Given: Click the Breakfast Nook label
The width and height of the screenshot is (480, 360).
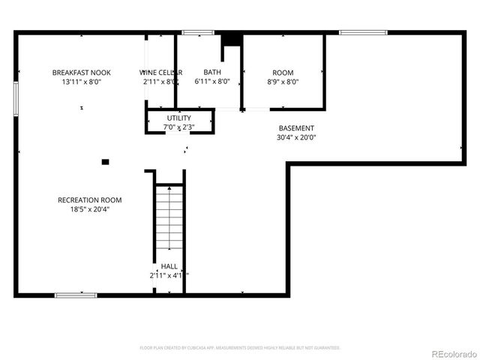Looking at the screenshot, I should [x=81, y=73].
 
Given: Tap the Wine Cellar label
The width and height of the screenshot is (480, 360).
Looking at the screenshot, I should [x=160, y=73].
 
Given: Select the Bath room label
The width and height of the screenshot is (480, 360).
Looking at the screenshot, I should [x=212, y=73].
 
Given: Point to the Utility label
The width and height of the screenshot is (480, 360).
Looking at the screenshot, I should [x=179, y=118].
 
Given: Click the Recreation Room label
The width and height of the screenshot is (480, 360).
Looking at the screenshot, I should [x=90, y=200].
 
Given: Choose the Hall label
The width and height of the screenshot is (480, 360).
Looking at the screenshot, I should [x=169, y=267].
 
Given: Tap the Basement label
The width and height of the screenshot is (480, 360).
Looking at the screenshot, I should [x=296, y=128].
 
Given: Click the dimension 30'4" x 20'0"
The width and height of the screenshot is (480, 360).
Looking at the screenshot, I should [x=297, y=137].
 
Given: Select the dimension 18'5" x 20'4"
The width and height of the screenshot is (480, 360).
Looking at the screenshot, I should [x=90, y=209].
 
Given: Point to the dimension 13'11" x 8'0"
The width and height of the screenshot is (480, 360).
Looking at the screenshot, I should [x=81, y=82].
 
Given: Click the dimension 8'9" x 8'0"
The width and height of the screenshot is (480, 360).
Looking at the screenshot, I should [x=283, y=82].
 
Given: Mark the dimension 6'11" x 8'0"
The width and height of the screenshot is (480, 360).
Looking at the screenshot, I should [x=212, y=82].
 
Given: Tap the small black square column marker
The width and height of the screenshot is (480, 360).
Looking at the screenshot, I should [x=106, y=161].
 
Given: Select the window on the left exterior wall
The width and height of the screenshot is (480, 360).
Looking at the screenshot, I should [x=16, y=98].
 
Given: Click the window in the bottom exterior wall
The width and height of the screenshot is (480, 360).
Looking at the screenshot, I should [x=76, y=295].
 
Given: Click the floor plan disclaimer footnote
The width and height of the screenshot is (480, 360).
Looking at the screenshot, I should [x=240, y=348].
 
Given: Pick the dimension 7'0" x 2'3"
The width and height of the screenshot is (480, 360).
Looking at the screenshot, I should [x=179, y=127].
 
